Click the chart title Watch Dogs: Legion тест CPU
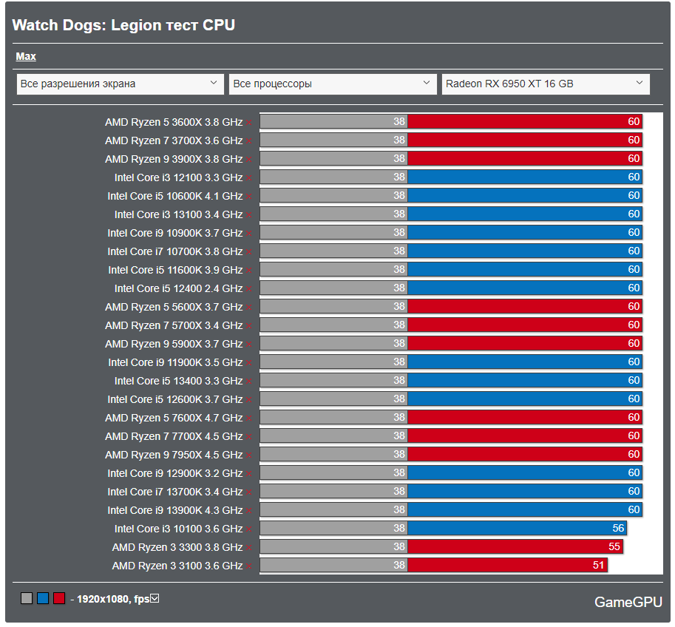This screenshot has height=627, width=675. click(123, 25)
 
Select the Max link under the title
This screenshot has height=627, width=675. click(26, 56)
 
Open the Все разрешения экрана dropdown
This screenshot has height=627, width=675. click(120, 84)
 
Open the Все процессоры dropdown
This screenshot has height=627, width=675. click(332, 84)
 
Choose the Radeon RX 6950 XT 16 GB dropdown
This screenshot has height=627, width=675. click(546, 84)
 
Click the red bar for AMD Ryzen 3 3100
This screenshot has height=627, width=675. click(507, 566)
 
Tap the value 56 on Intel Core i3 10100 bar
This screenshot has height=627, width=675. click(618, 529)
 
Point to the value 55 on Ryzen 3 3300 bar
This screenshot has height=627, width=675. click(614, 547)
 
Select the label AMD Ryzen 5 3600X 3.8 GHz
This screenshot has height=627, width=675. click(174, 122)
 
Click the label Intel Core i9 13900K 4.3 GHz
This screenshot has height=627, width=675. click(174, 510)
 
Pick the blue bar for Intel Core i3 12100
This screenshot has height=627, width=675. click(524, 177)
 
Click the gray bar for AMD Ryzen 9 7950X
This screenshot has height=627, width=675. click(333, 455)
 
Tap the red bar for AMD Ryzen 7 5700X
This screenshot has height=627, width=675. click(524, 325)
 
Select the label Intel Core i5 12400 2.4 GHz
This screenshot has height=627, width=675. click(178, 288)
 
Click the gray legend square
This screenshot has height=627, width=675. click(27, 598)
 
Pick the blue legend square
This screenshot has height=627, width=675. click(43, 598)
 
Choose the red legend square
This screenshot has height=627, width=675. click(59, 598)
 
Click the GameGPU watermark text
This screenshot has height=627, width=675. click(628, 603)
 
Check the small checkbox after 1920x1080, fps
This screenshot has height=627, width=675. click(155, 598)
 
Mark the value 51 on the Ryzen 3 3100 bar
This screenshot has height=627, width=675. click(598, 566)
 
